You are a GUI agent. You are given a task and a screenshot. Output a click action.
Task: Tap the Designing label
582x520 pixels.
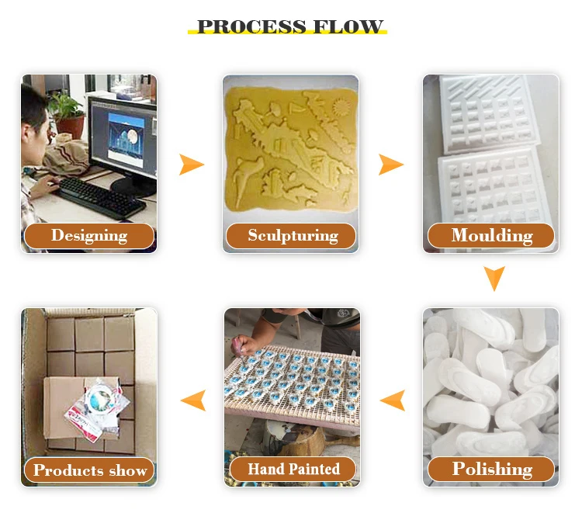click(88, 235)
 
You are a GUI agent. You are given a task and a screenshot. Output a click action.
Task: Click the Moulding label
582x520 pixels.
click(491, 235)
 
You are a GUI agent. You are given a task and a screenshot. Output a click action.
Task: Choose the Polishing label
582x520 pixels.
click(491, 469)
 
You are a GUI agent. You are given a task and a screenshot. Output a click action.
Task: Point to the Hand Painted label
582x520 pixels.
click(293, 469)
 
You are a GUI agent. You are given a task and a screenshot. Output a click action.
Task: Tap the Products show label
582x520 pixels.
click(89, 470)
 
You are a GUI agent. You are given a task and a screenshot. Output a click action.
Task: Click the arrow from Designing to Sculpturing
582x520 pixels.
click(190, 165)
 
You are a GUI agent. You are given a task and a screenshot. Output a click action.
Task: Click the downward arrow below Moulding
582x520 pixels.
click(494, 278)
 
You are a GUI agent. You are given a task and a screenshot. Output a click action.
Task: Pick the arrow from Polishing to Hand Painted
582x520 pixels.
click(393, 400)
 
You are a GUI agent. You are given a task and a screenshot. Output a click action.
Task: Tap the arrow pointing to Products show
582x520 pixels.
click(192, 400)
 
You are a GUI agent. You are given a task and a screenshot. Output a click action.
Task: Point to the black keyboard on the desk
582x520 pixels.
click(101, 197)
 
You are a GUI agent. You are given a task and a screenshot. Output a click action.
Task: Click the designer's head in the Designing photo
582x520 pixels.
click(35, 109)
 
